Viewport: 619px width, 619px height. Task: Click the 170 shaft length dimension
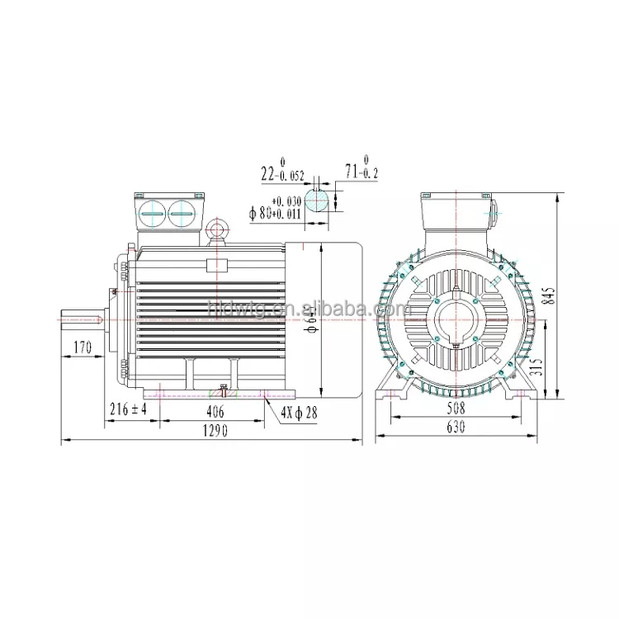click(81, 348)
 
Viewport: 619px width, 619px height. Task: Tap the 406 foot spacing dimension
click(215, 409)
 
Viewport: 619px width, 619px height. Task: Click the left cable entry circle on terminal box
click(153, 214)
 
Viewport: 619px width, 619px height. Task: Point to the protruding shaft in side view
click(83, 318)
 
